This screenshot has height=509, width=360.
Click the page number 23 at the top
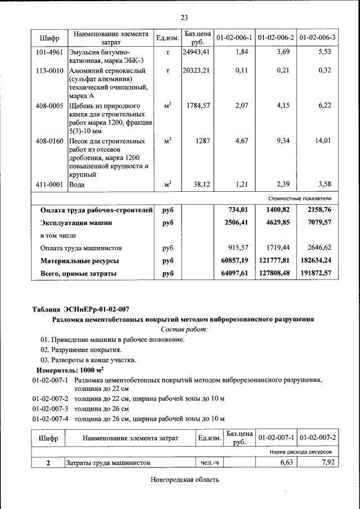point(183,17)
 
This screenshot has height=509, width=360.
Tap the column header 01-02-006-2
point(276,38)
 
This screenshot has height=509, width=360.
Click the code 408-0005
point(48,106)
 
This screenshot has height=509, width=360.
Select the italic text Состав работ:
point(183,329)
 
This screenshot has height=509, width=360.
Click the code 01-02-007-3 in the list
point(50,408)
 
